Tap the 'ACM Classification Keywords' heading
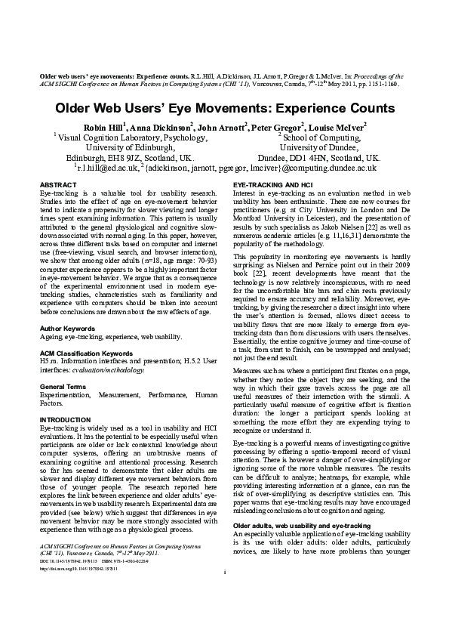coord(85,354)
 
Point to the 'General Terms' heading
coord(63,386)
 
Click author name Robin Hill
coord(103,127)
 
